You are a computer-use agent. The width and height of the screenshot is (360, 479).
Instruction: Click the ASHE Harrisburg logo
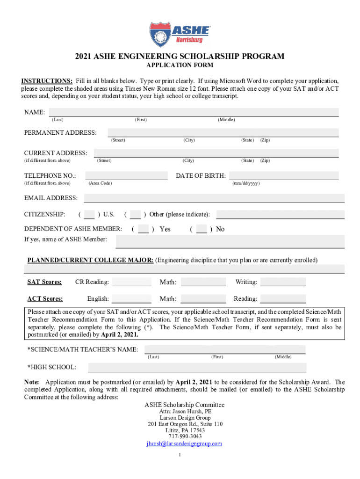point(180,33)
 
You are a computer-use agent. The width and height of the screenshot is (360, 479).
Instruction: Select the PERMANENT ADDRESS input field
point(223,133)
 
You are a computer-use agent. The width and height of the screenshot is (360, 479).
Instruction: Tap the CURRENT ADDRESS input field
point(216,153)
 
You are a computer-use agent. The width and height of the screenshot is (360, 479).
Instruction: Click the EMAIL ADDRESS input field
point(214,198)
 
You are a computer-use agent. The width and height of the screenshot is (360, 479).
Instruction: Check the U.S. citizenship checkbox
point(89,215)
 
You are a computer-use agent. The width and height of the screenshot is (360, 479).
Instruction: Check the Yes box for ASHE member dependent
point(144,229)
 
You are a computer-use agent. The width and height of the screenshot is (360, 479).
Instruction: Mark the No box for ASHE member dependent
point(202,229)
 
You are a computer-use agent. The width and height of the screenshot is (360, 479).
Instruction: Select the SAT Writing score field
point(283,282)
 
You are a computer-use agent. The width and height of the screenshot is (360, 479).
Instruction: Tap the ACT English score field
point(131,299)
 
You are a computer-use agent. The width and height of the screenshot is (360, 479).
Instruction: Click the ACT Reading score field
point(283,299)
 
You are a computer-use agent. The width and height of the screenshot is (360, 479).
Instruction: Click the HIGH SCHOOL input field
point(190,368)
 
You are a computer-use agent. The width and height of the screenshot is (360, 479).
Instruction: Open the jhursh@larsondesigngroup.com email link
point(184,443)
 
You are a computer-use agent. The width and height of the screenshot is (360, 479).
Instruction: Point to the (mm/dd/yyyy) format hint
point(246,183)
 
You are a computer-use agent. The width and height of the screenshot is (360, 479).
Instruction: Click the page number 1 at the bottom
point(180,455)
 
